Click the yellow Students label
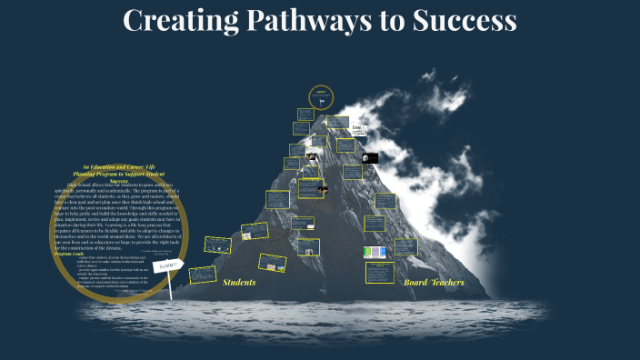(239, 282)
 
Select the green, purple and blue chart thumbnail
(375, 252)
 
